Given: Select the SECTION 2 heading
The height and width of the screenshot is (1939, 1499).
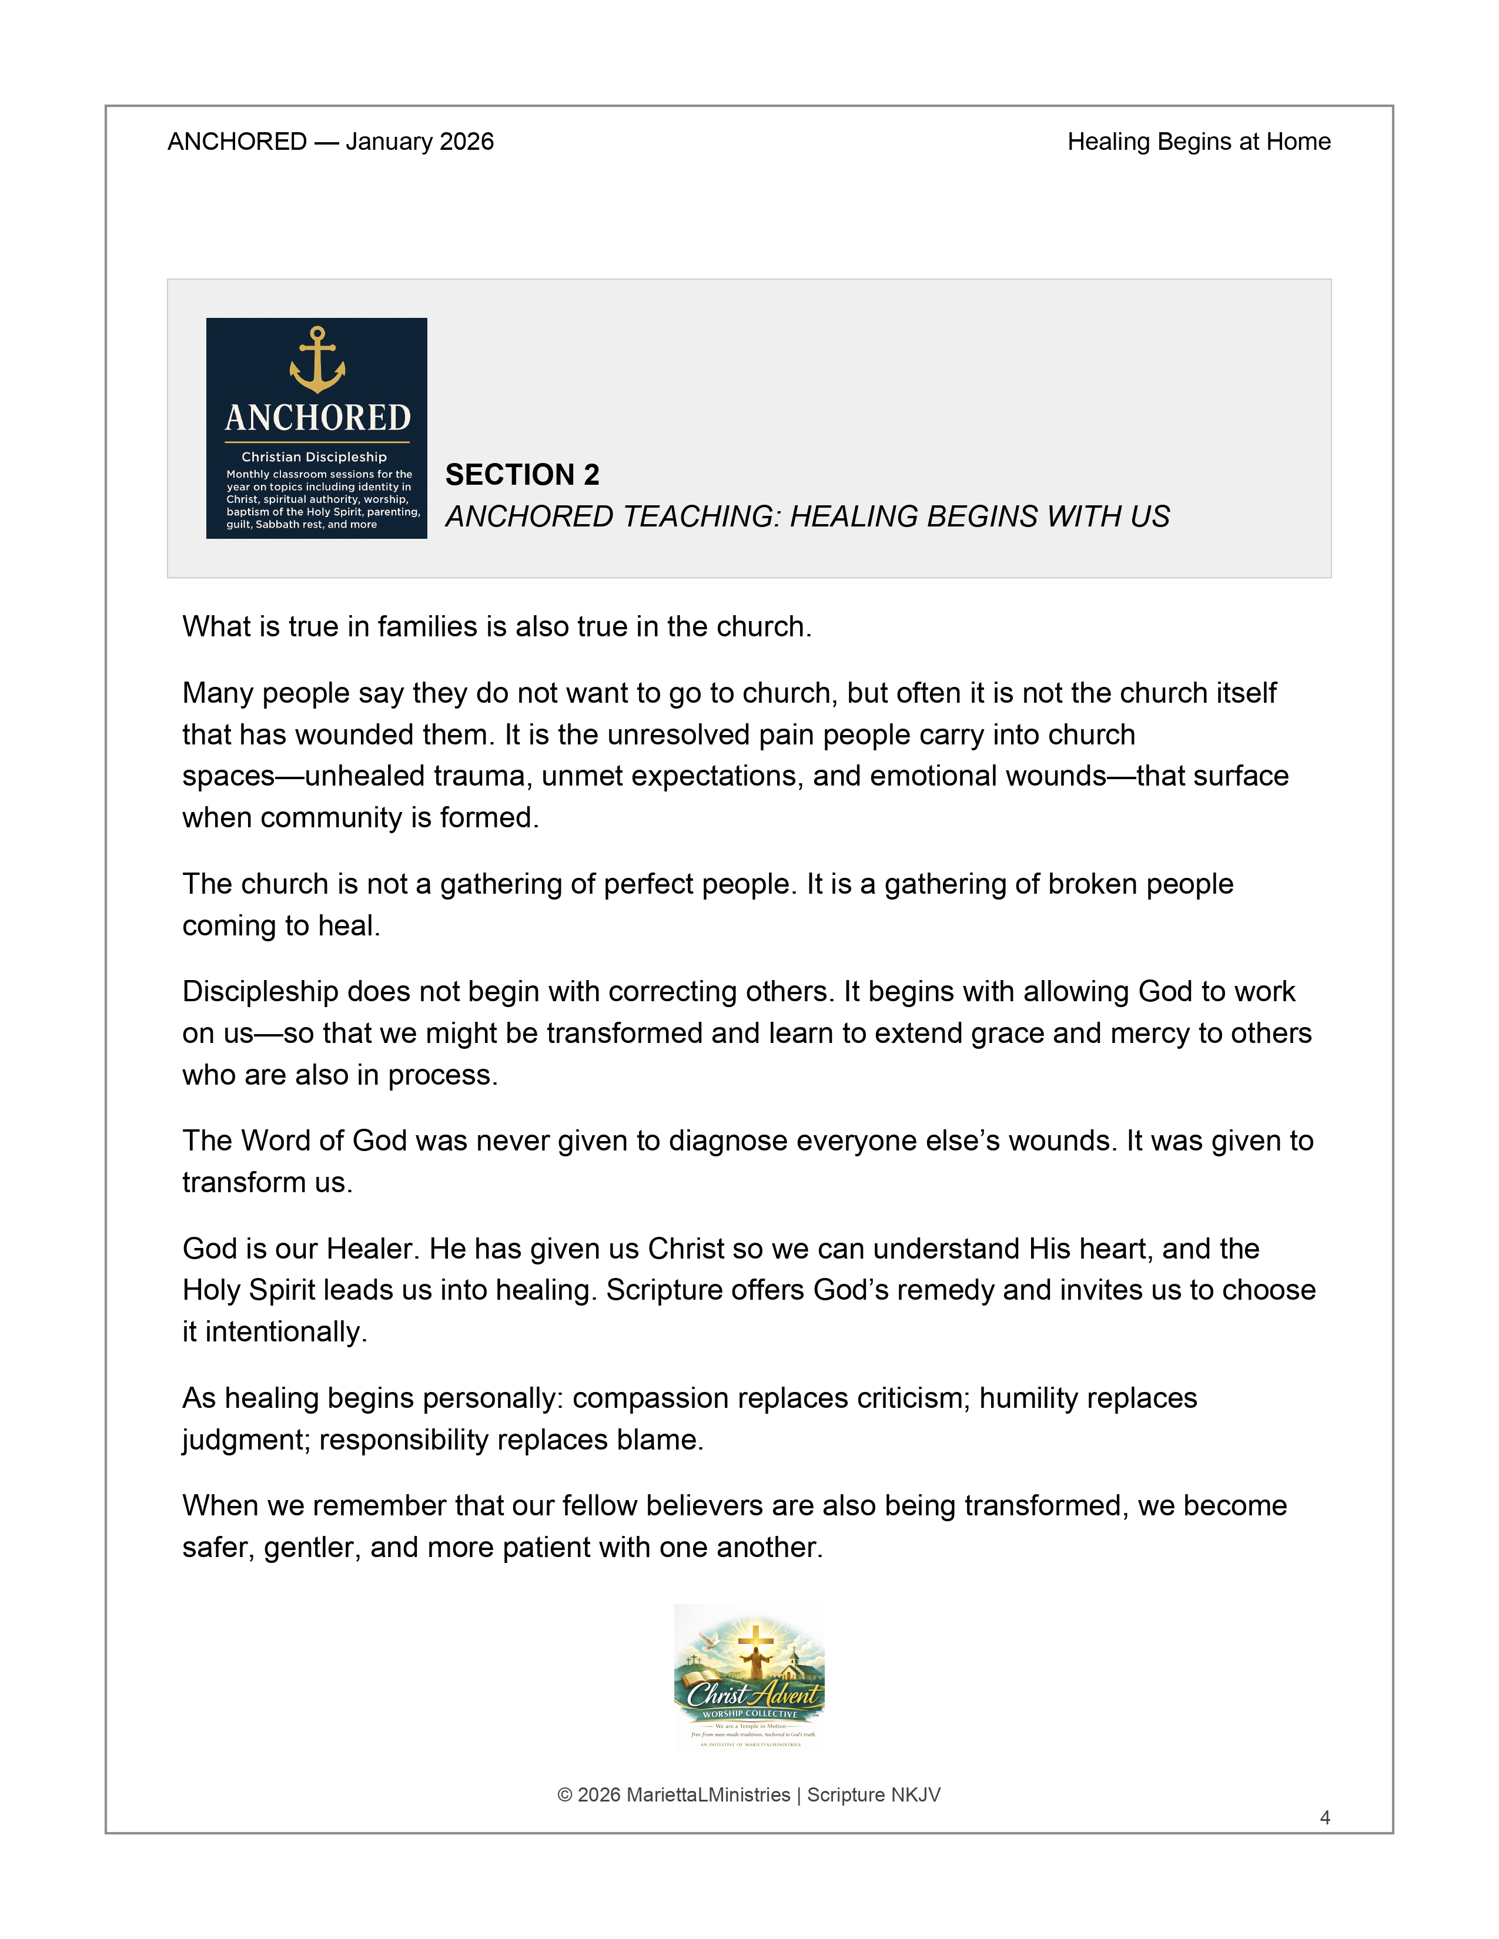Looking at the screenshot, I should [x=522, y=475].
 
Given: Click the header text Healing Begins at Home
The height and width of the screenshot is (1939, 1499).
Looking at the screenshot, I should [x=1199, y=142].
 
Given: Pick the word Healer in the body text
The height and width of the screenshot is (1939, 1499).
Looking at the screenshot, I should [x=373, y=1249].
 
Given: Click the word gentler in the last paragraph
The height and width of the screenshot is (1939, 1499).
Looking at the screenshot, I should [x=312, y=1548].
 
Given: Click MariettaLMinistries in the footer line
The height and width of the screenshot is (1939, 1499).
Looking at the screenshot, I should [x=708, y=1795].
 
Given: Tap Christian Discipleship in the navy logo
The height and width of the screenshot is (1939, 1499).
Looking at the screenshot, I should [x=314, y=457].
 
